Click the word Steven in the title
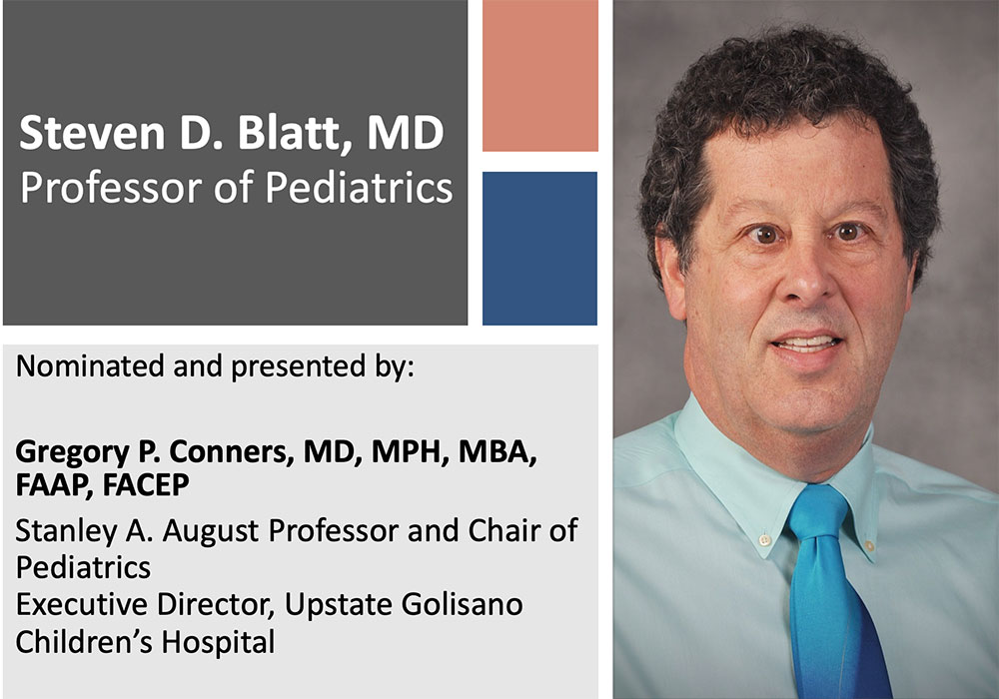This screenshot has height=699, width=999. [x=92, y=133]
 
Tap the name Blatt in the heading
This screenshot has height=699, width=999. [x=294, y=133]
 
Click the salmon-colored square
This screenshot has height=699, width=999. [x=540, y=76]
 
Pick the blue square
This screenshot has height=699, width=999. [x=539, y=249]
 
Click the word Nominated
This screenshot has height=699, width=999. [x=90, y=366]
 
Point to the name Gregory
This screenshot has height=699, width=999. [x=72, y=453]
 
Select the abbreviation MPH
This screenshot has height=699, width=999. [x=409, y=452]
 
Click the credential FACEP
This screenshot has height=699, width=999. [x=146, y=485]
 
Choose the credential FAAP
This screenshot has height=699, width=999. [x=55, y=485]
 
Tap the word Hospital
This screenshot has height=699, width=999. [x=218, y=642]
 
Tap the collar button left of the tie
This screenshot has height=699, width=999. [x=764, y=540]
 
